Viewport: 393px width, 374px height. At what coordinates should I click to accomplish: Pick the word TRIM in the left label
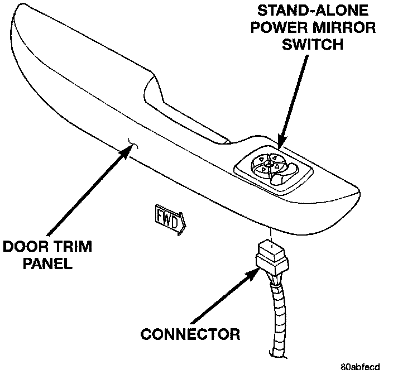[74, 246]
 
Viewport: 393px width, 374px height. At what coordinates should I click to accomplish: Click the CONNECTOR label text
[190, 334]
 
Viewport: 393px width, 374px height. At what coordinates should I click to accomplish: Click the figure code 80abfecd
[360, 367]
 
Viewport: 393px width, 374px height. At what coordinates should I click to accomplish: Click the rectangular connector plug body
[271, 257]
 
